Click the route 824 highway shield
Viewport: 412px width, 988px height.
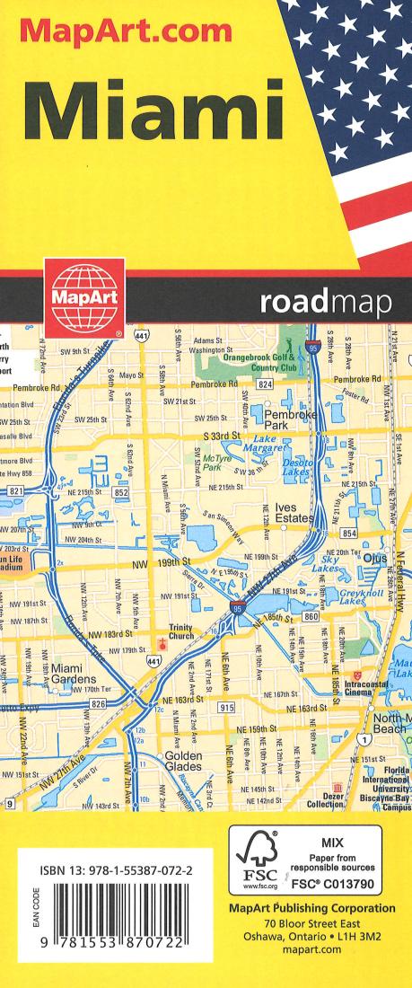(265, 384)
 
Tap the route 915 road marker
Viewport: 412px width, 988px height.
(226, 709)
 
